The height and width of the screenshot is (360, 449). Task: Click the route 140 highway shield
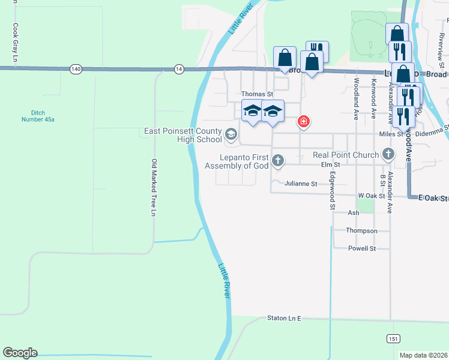click(x=75, y=69)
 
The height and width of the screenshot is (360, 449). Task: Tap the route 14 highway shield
click(x=179, y=69)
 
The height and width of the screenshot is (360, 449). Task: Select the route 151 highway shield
click(x=393, y=338)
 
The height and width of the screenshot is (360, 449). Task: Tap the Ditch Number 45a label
click(x=43, y=116)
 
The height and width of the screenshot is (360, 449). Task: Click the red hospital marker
click(x=304, y=122)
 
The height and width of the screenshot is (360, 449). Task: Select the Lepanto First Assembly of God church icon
click(x=277, y=160)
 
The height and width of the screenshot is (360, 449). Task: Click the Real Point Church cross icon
click(x=388, y=155)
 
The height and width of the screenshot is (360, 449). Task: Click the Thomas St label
click(x=257, y=94)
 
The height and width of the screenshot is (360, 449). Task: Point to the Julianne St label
click(x=301, y=184)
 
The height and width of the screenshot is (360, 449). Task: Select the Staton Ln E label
click(x=283, y=318)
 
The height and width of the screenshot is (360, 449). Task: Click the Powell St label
click(x=362, y=248)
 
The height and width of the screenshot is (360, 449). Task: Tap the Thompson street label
click(x=361, y=230)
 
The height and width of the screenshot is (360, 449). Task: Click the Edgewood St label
click(x=332, y=191)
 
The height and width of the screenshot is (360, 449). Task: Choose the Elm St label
click(x=331, y=164)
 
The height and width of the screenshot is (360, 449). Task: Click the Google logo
click(x=20, y=353)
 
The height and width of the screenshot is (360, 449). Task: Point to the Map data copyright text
click(x=423, y=355)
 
